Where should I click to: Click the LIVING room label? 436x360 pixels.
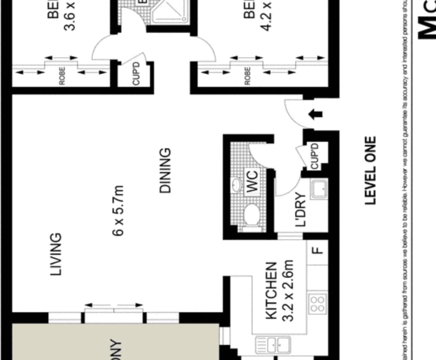tap(56, 255)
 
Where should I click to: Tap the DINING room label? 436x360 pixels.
tap(165, 169)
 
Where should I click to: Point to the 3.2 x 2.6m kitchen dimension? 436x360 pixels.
tap(288, 292)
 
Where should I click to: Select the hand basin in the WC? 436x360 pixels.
tap(236, 185)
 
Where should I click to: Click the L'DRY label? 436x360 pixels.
tap(301, 211)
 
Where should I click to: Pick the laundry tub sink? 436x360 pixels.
tap(318, 189)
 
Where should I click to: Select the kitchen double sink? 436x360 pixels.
tap(273, 345)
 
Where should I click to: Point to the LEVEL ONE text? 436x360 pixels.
tap(371, 171)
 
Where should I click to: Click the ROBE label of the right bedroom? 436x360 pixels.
tap(247, 77)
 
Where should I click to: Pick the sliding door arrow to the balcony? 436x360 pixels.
tap(114, 305)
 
